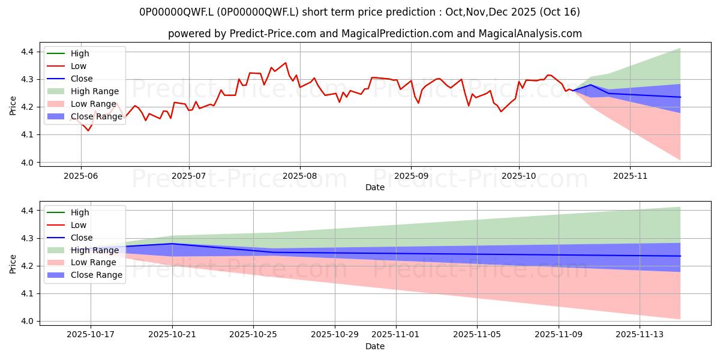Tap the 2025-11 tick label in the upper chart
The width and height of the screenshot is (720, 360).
pos(630,176)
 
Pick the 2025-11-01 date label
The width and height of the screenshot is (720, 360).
pos(396,335)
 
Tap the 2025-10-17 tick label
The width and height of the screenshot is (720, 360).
pos(91,335)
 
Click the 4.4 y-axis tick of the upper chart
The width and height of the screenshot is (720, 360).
pos(28,52)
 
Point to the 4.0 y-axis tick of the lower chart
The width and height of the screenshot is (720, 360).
pos(28,322)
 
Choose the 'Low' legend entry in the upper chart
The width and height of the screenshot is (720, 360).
pos(78,66)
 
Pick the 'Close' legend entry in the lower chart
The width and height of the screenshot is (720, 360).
pos(82,238)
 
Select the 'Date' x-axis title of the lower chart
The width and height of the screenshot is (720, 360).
pos(375,346)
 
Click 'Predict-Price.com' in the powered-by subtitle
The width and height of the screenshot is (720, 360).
pos(273,34)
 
